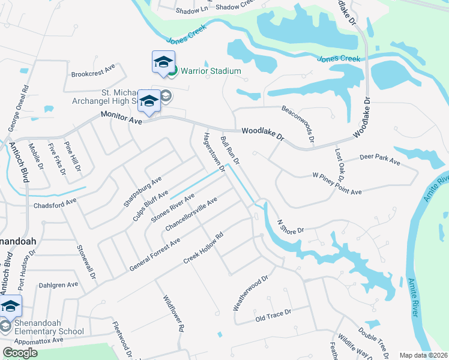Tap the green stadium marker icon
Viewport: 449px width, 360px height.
coord(172,71)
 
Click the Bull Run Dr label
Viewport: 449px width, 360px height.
coord(230,150)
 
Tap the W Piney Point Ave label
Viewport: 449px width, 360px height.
coord(337,184)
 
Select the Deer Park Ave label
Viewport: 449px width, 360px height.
coord(379,159)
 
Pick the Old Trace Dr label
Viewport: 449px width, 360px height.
coord(273,314)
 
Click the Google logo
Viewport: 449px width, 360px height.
coord(19,352)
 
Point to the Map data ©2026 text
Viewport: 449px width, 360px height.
coord(423,355)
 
